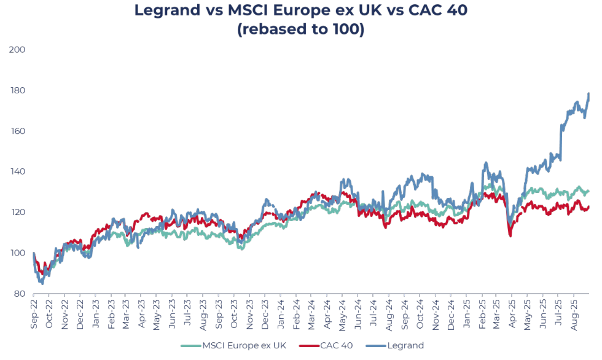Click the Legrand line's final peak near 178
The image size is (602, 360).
(588, 94)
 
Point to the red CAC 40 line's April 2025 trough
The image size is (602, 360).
(510, 235)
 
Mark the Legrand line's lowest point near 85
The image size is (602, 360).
(42, 284)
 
